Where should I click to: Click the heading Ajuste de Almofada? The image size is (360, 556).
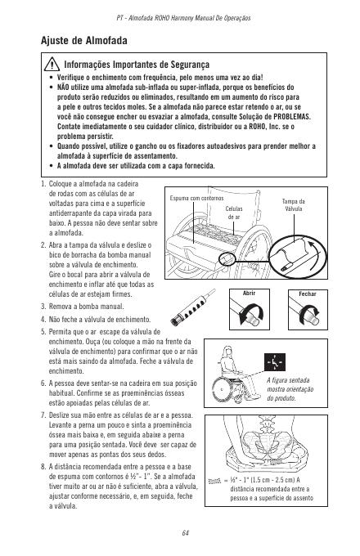84,40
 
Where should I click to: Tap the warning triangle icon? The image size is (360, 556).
52,64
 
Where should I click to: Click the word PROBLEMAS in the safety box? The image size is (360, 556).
292,117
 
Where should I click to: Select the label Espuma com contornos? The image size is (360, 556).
196,198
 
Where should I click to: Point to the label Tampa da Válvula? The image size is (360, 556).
294,205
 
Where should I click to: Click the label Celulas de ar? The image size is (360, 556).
234,213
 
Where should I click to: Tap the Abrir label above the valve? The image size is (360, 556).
249,294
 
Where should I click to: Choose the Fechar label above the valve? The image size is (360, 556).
308,294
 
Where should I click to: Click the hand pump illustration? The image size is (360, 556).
192,307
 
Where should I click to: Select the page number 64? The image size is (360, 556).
185,533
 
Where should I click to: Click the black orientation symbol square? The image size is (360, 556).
275,361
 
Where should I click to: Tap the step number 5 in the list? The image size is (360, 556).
43,332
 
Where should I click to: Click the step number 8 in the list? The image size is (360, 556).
43,467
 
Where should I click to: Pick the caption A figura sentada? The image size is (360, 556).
288,380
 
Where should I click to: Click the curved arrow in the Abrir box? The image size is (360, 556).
250,314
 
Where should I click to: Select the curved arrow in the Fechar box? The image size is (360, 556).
309,312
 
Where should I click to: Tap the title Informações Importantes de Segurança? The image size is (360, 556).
137,65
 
